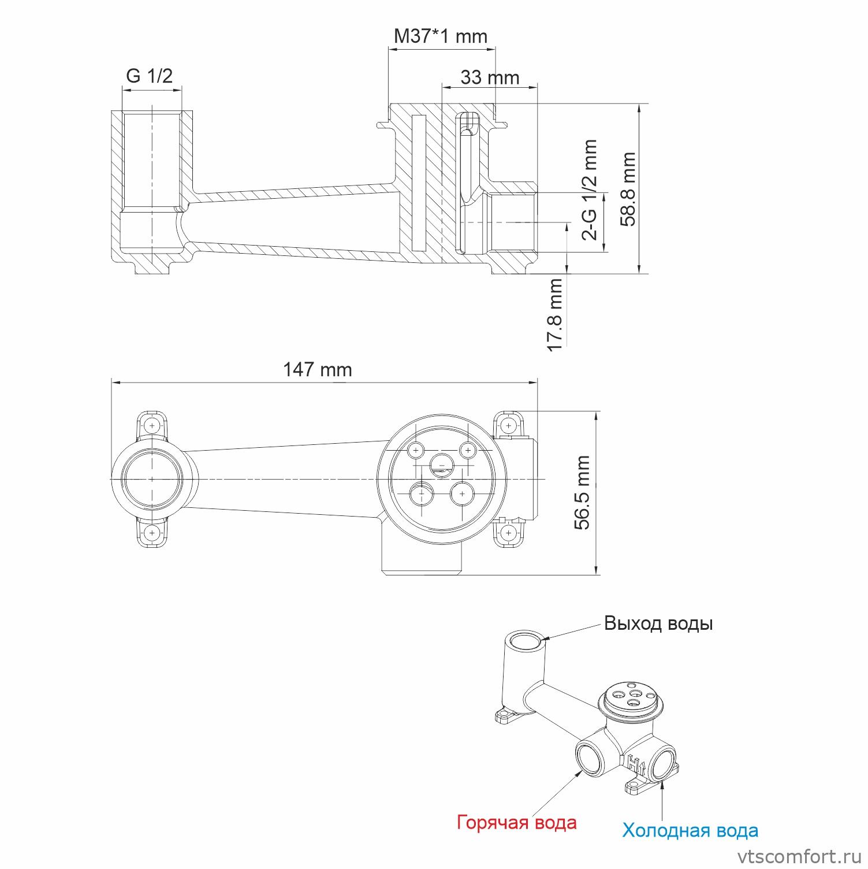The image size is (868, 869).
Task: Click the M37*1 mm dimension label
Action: [x=440, y=36]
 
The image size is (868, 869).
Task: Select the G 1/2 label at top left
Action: [x=149, y=75]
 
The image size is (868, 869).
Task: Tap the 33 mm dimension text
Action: [x=490, y=77]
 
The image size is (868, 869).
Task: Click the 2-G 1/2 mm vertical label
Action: [x=589, y=189]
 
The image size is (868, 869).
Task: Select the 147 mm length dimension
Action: [x=317, y=370]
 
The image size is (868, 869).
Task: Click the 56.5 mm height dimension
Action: [x=583, y=492]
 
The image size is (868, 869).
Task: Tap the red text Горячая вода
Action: [x=516, y=822]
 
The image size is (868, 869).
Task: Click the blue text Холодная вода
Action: [x=690, y=830]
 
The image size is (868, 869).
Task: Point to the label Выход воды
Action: [x=658, y=624]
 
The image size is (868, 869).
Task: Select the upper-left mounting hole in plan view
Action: [x=152, y=426]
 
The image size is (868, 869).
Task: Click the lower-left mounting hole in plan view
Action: [x=152, y=532]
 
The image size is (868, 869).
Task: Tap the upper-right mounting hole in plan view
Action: [x=508, y=426]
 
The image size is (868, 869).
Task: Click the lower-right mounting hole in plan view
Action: [x=508, y=532]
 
